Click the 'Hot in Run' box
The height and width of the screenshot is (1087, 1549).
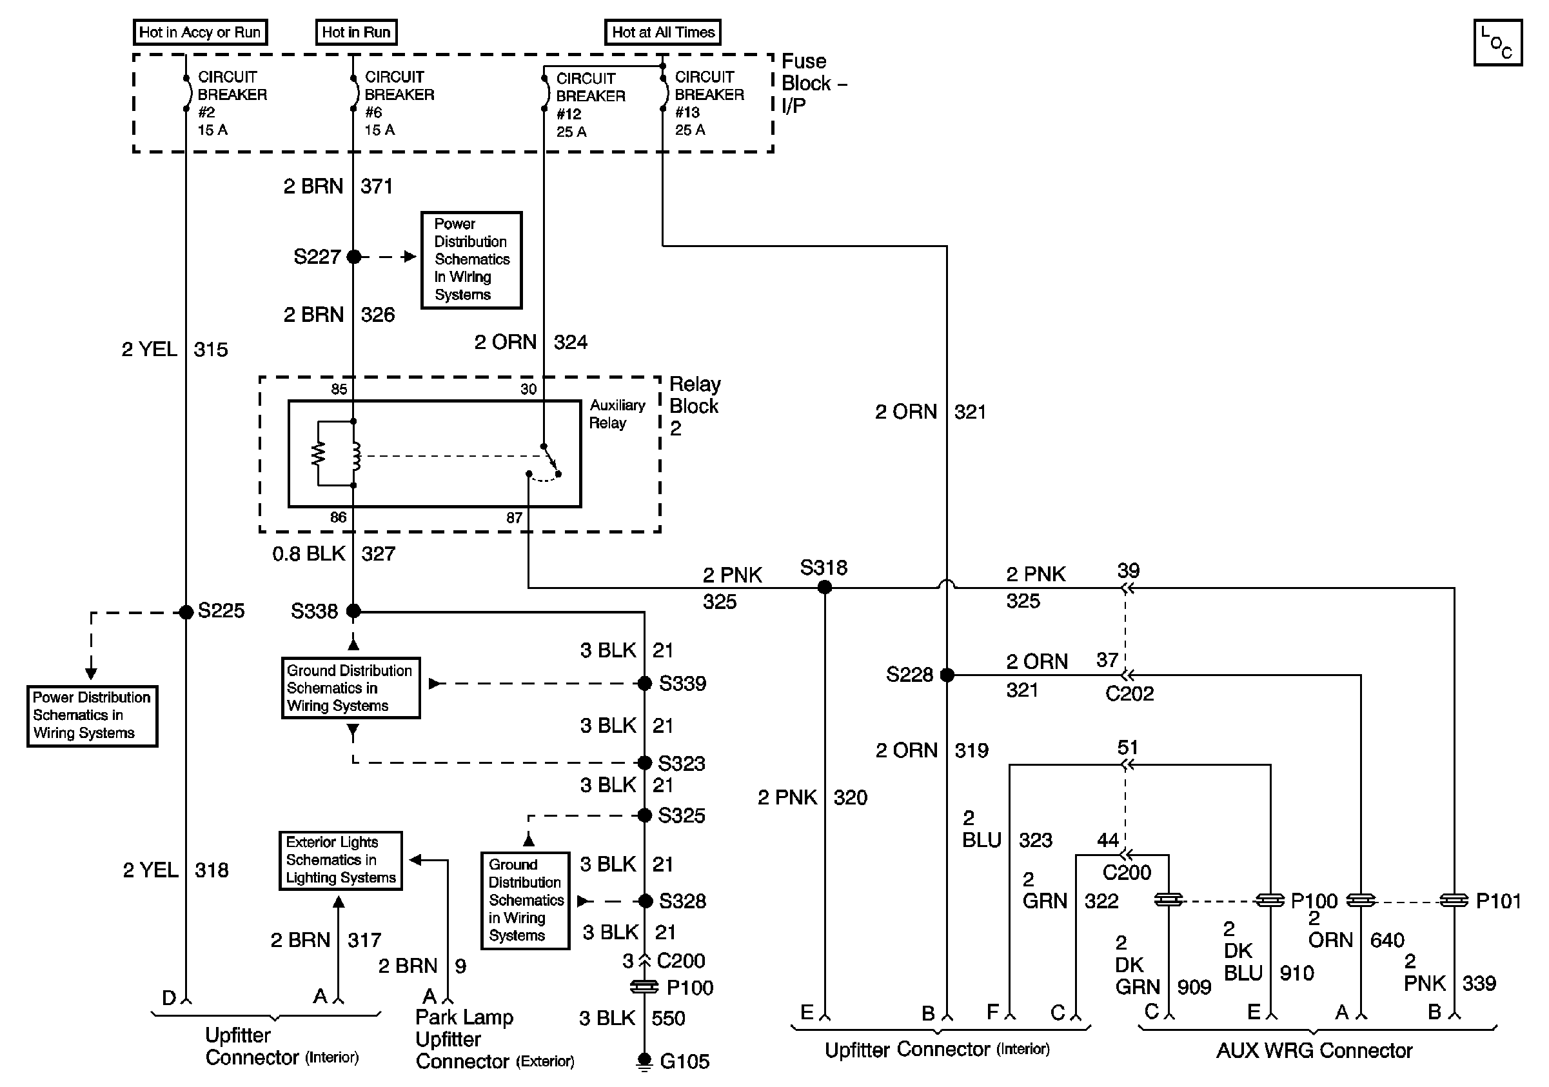pos(356,32)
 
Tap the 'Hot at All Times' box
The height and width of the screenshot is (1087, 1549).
pos(662,32)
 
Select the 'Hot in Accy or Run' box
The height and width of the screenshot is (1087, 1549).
pos(200,32)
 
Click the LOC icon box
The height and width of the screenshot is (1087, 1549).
pos(1497,43)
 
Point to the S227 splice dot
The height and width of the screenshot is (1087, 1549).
pos(353,256)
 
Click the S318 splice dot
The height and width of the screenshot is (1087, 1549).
pos(824,588)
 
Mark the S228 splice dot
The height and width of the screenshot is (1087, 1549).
pos(947,675)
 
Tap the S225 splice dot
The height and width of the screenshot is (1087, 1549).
pos(186,612)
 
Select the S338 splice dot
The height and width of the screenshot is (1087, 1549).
pos(353,612)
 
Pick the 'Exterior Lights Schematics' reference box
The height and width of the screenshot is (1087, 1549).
pos(340,861)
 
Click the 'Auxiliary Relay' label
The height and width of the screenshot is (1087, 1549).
pos(617,414)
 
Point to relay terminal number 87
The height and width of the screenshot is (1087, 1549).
pos(514,517)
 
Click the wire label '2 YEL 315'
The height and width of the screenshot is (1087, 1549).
pos(175,350)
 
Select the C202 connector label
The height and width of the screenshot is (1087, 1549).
pos(1129,693)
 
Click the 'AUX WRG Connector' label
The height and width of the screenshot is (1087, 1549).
pos(1314,1051)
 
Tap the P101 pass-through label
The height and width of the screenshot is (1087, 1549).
pos(1499,901)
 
